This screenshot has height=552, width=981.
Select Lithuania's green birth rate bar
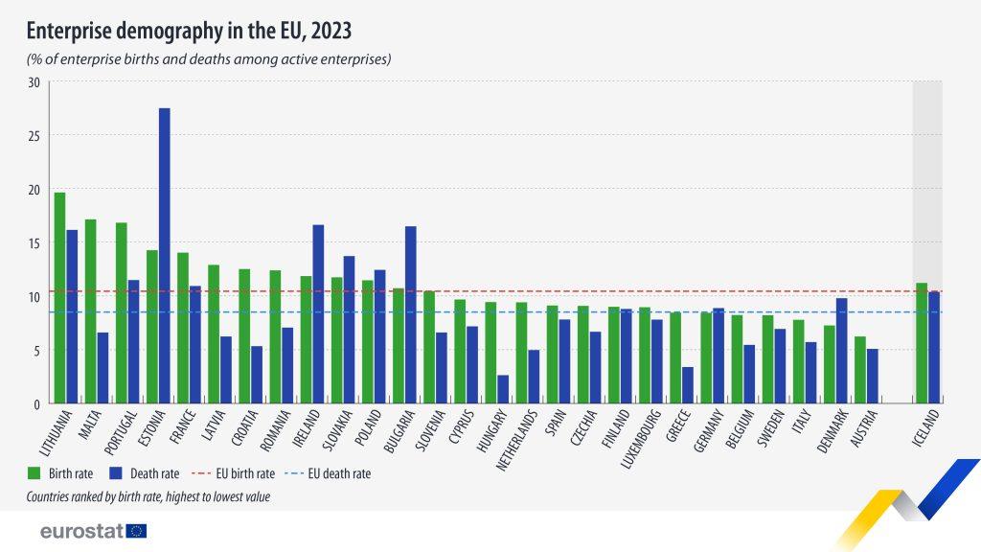click(59, 298)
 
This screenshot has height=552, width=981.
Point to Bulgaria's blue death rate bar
click(410, 315)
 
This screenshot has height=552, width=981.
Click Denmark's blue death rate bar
click(841, 351)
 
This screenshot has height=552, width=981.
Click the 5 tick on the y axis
click(36, 351)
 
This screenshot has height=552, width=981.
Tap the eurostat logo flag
click(136, 531)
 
